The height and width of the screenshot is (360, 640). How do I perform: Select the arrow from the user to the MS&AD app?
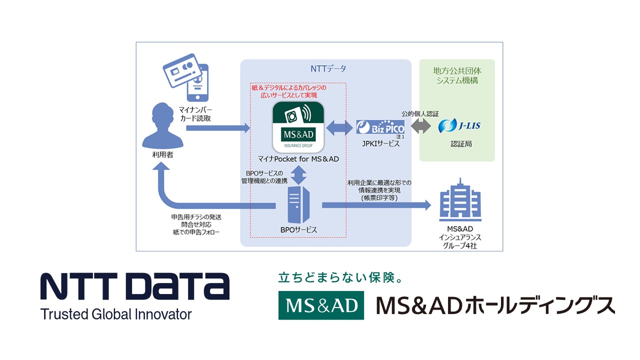[x=217, y=128]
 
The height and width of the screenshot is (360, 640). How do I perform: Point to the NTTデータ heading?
[x=325, y=68]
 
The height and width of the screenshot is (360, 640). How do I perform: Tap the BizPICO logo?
[x=380, y=127]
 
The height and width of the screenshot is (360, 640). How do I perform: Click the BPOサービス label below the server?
[x=299, y=229]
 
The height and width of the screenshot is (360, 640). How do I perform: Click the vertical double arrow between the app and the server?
[x=298, y=174]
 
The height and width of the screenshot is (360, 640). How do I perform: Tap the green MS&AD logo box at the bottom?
[x=321, y=305]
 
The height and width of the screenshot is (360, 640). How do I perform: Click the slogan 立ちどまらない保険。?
[x=340, y=277]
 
